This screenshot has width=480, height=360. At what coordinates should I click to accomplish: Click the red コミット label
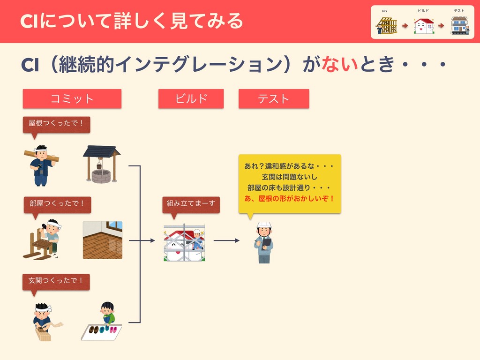tap(72, 99)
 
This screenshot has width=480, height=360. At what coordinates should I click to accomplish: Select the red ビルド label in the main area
tap(191, 99)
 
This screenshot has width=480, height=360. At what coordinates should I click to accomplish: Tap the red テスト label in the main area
tap(274, 99)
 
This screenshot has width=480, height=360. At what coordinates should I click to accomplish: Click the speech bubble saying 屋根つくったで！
tap(56, 123)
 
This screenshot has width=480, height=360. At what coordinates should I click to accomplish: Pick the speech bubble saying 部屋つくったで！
tap(57, 203)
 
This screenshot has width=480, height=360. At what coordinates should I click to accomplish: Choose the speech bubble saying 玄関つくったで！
tap(56, 281)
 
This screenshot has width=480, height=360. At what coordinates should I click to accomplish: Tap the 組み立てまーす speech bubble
tap(190, 203)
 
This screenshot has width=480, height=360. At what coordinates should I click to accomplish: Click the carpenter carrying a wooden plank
tap(41, 165)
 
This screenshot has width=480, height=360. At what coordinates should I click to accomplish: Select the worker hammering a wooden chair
tap(43, 240)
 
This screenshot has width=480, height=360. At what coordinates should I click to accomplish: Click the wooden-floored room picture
tap(103, 240)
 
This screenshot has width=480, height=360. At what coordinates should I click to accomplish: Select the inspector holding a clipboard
tap(264, 242)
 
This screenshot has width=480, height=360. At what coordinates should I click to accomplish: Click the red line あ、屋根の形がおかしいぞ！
tap(290, 198)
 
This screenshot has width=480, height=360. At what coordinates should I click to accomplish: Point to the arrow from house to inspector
tap(226, 241)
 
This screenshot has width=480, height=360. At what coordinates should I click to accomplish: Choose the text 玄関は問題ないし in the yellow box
tap(290, 177)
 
